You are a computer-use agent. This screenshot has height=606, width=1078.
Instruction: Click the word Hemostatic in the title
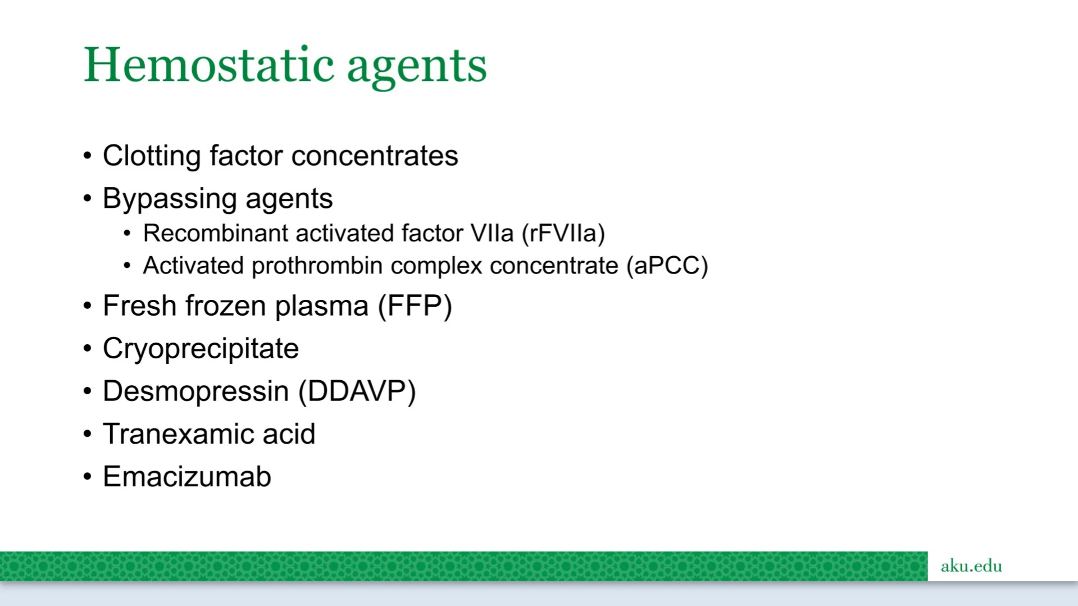(x=209, y=65)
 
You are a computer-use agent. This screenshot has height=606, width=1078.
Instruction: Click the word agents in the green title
(x=417, y=69)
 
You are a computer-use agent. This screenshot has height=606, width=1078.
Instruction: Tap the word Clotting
(x=152, y=156)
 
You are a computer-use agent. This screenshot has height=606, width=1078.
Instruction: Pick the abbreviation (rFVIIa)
(x=563, y=234)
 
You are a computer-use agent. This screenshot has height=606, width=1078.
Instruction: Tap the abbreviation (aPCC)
(x=667, y=266)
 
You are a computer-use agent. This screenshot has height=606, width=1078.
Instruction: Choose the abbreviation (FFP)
(x=415, y=306)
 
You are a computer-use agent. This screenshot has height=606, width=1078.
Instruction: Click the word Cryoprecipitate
(x=201, y=349)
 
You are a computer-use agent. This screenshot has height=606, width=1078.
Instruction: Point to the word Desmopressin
(x=195, y=391)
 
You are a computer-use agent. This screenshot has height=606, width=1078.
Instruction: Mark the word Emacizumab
(x=187, y=477)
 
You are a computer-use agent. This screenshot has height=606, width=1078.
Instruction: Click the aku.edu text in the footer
(x=971, y=566)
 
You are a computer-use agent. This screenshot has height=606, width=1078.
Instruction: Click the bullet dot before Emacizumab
(x=87, y=477)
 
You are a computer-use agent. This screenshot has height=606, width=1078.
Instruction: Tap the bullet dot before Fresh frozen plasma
(x=87, y=306)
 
